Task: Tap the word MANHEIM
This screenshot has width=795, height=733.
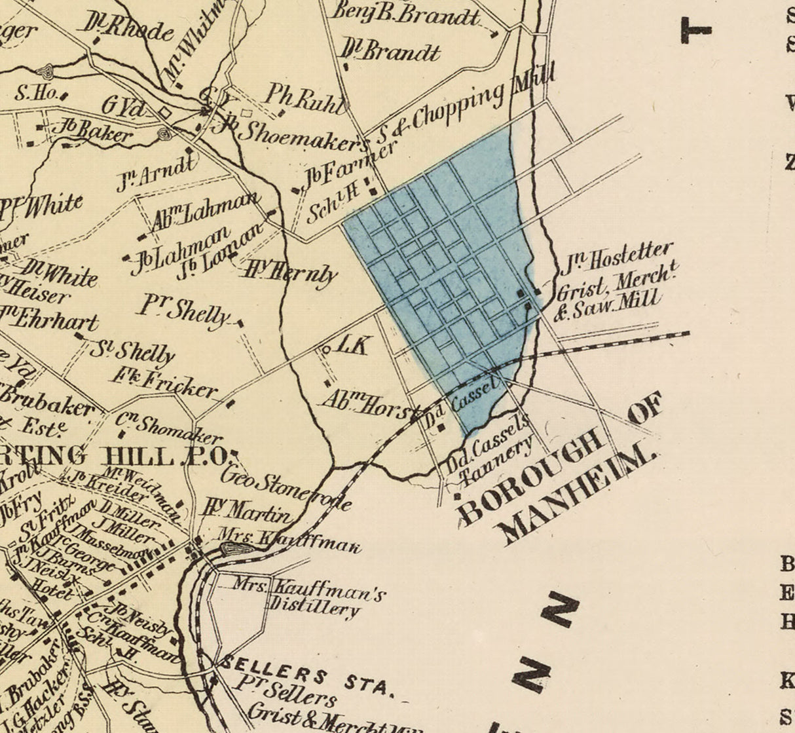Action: pos(580,497)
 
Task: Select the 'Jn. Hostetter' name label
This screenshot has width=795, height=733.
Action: pos(616,258)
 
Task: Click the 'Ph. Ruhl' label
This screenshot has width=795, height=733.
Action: pos(304,98)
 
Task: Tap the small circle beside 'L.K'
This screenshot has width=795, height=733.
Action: pos(326,350)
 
